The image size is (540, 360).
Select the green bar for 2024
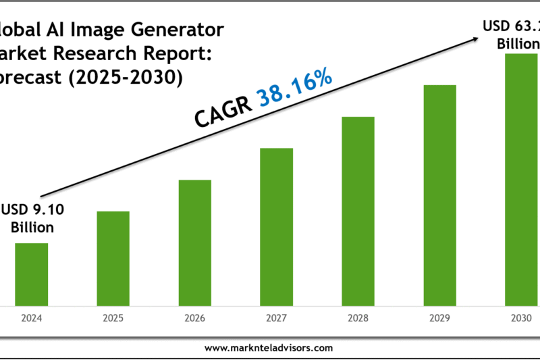coord(31,273)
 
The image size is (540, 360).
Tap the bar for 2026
coord(195,241)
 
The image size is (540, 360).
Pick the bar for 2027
coord(277,226)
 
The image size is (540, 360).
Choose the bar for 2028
coord(358,210)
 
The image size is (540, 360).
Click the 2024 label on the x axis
coord(31,316)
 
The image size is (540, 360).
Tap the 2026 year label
coord(195,316)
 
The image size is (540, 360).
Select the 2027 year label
coord(277,316)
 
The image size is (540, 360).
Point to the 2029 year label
coord(439,316)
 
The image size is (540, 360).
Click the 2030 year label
coord(520,316)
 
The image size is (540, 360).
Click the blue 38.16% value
coord(295,88)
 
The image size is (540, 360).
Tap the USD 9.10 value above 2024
coord(32,210)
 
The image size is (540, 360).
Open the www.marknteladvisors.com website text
coord(268,348)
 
